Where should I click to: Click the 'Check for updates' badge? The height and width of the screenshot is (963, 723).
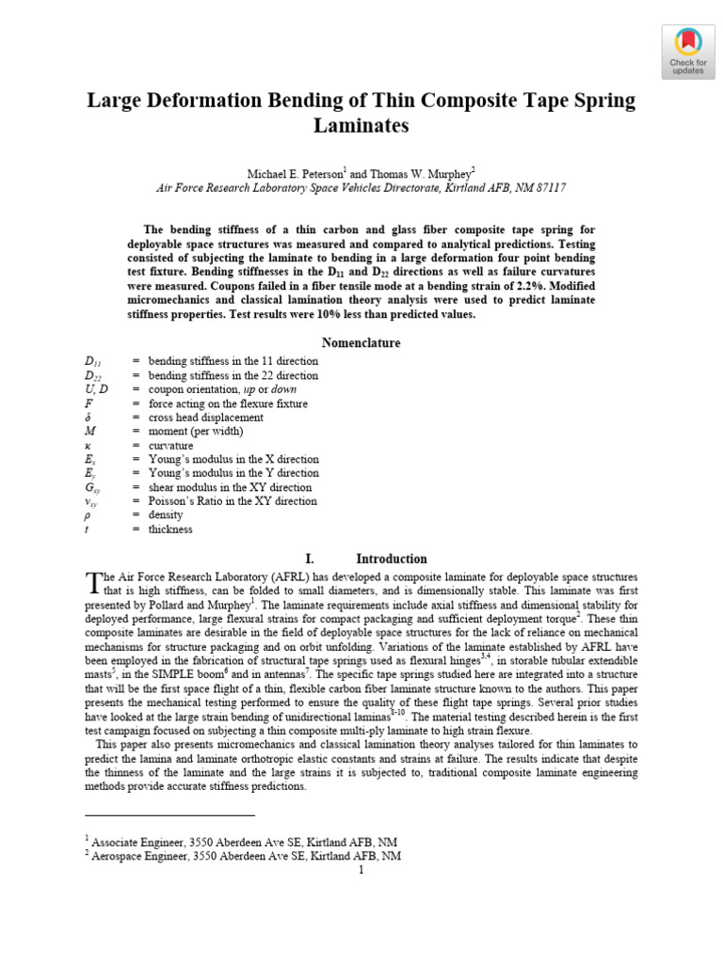point(687,52)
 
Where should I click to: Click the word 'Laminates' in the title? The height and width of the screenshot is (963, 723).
point(361,124)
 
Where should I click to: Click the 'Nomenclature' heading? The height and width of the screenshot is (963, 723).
point(361,343)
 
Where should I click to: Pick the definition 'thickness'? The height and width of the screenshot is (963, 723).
point(169,529)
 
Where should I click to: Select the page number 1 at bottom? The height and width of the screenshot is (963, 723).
point(360,871)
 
